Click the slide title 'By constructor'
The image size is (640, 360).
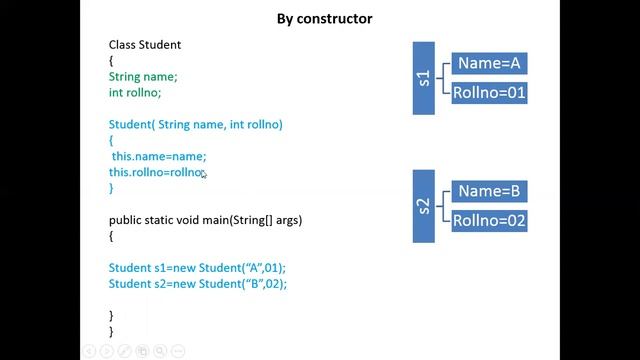pyautogui.click(x=325, y=18)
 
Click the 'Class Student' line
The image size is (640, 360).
pyautogui.click(x=145, y=45)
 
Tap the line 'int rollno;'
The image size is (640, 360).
pyautogui.click(x=135, y=92)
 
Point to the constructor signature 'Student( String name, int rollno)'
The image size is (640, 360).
pyautogui.click(x=196, y=124)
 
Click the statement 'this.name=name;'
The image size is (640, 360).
pyautogui.click(x=158, y=156)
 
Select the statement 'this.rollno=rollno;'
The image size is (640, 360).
pyautogui.click(x=157, y=172)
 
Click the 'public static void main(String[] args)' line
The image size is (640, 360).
pyautogui.click(x=205, y=220)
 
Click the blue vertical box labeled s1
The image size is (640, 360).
pyautogui.click(x=424, y=78)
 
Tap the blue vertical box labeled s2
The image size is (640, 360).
pyautogui.click(x=424, y=206)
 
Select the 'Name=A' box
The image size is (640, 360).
pyautogui.click(x=489, y=63)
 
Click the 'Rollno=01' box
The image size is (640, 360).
pyautogui.click(x=489, y=94)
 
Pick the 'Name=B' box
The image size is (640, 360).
pyautogui.click(x=489, y=190)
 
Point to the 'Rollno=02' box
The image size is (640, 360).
pyautogui.click(x=489, y=221)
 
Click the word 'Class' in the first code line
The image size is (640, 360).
pyautogui.click(x=122, y=45)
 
